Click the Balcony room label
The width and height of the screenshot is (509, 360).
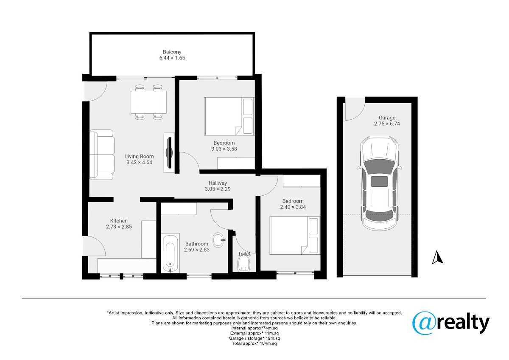click(x=172, y=52)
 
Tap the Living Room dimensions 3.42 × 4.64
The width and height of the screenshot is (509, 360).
click(x=139, y=162)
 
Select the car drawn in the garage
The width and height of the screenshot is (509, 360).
click(x=379, y=183)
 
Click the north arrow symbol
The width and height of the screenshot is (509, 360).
click(x=437, y=258)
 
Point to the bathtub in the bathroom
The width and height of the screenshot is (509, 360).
click(x=170, y=253)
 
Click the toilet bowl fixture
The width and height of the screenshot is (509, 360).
click(x=243, y=264)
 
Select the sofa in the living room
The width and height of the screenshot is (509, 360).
click(x=101, y=155)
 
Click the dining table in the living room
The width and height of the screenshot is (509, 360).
click(x=148, y=102)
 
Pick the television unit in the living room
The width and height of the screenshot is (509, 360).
click(x=169, y=152)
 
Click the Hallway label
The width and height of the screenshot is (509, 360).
click(x=218, y=183)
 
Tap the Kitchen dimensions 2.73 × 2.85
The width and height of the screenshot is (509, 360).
click(x=119, y=227)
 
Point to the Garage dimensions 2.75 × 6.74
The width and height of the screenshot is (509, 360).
click(x=387, y=124)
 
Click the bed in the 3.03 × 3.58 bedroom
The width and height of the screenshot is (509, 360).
click(x=229, y=116)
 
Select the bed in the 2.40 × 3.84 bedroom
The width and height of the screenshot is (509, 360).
click(x=295, y=235)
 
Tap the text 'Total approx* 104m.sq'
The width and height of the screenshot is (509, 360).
click(x=255, y=343)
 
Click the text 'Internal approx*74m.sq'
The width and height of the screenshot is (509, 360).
click(x=255, y=328)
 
